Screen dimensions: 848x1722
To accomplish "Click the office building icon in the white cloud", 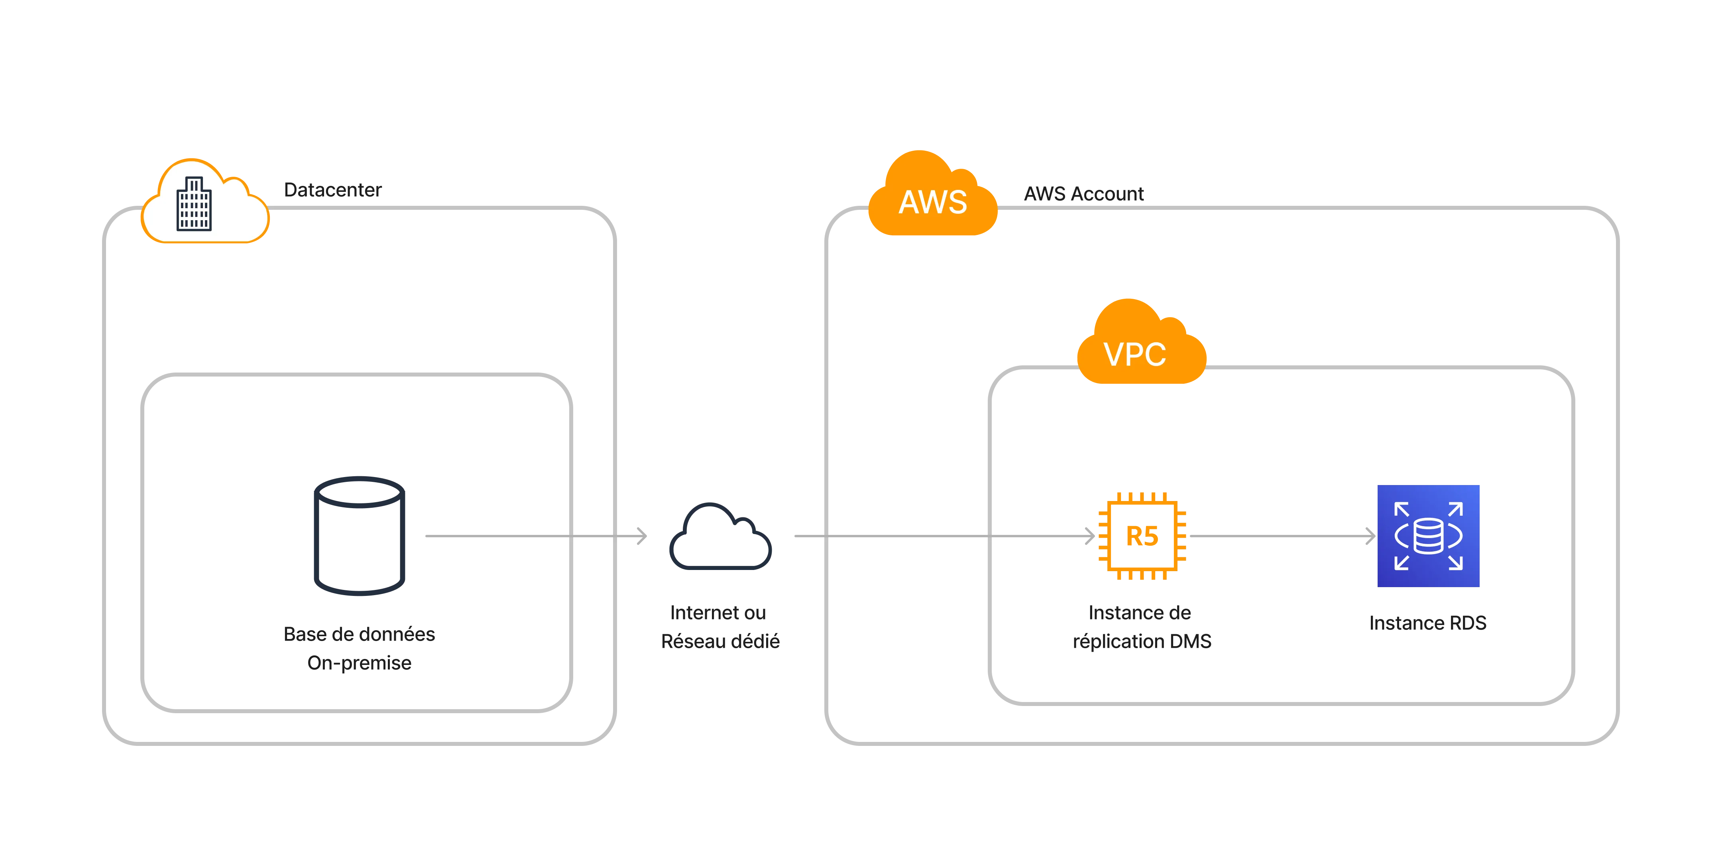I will pos(194,204).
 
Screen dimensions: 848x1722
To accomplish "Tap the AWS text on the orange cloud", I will pos(932,202).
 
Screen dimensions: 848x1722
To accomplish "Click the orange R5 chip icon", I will pos(1141,536).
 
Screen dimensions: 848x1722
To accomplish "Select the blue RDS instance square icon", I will pos(1428,536).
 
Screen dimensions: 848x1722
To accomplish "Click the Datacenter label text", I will pos(332,191).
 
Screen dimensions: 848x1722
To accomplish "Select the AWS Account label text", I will pos(1083,194).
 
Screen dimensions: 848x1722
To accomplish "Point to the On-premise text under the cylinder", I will pos(359,663).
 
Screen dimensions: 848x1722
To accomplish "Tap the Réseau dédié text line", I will pos(720,642).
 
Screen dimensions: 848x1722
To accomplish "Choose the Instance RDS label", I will pos(1428,623).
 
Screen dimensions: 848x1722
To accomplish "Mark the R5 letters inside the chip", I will pos(1142,536).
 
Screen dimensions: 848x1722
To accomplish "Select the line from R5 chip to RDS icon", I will pos(1277,536).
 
